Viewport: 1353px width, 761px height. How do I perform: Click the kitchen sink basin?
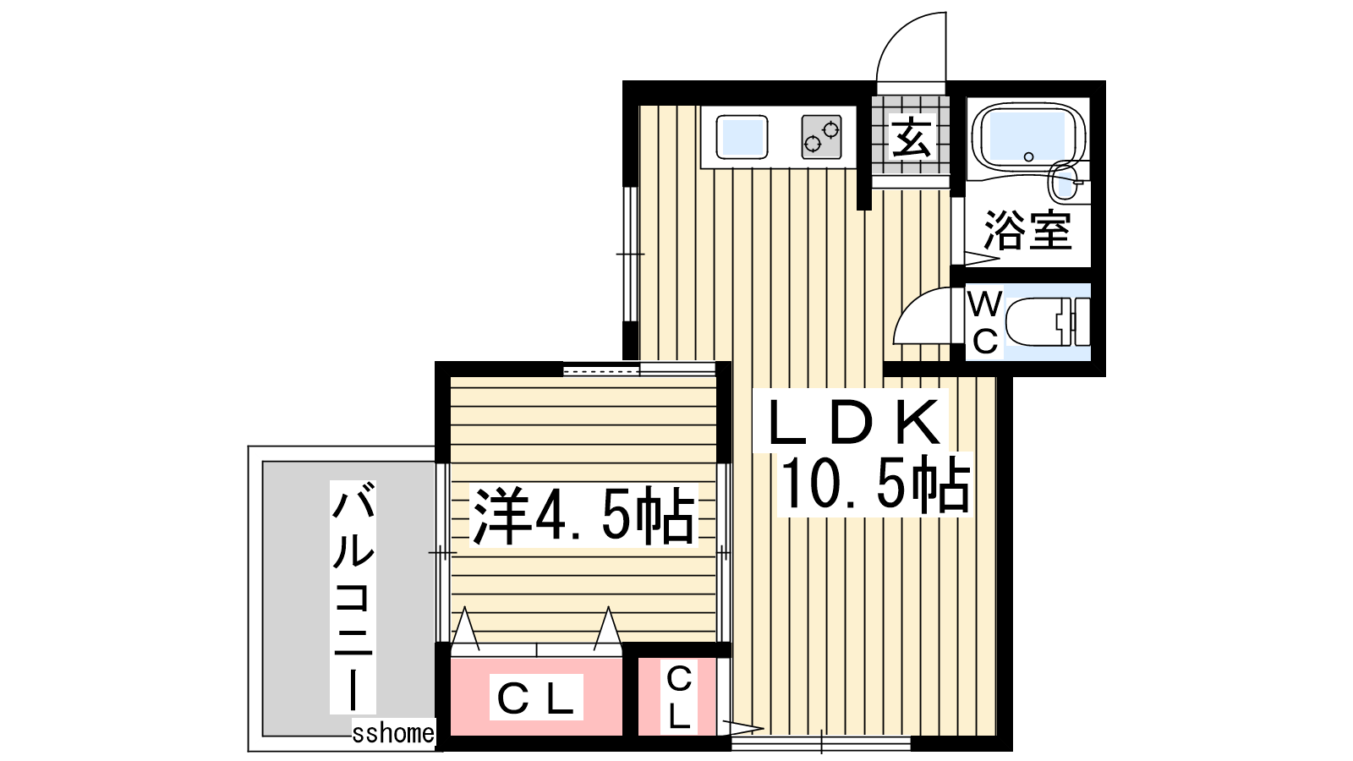pyautogui.click(x=742, y=138)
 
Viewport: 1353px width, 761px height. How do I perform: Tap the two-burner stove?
pyautogui.click(x=821, y=137)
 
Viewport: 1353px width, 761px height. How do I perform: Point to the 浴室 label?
pyautogui.click(x=1028, y=230)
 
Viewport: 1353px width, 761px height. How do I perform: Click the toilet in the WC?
pyautogui.click(x=1047, y=322)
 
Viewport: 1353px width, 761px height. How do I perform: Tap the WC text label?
pyautogui.click(x=985, y=322)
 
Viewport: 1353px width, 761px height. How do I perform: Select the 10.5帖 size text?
pyautogui.click(x=874, y=484)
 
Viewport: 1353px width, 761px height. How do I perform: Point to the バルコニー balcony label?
pyautogui.click(x=353, y=597)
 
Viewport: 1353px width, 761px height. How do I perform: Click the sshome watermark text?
pyautogui.click(x=392, y=733)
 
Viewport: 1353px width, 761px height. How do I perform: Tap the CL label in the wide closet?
pyautogui.click(x=535, y=698)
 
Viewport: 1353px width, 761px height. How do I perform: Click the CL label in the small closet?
pyautogui.click(x=679, y=698)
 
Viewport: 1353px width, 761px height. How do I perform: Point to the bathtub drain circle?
pyautogui.click(x=1028, y=157)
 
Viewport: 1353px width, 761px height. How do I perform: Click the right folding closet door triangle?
pyautogui.click(x=608, y=629)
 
